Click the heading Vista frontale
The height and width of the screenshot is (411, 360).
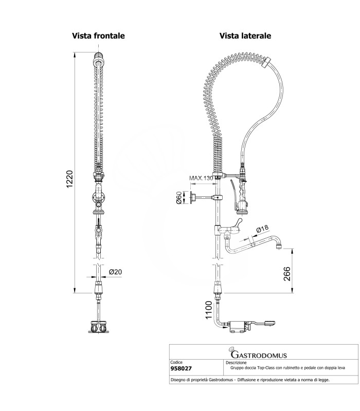pos(98,35)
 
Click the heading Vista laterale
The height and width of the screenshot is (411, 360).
pos(245,35)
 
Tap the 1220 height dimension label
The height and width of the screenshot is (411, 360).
pos(69,179)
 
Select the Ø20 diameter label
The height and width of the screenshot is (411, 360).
pos(115,272)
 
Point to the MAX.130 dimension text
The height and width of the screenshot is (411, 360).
pos(201,178)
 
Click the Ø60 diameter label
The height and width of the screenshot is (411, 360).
pos(178,198)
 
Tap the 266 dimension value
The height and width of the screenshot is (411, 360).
pos(287,274)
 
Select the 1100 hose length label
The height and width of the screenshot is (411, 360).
pos(208,310)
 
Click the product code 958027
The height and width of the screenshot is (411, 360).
pos(182,368)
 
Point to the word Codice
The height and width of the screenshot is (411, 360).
pos(176,362)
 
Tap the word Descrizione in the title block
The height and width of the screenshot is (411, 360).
pos(236,363)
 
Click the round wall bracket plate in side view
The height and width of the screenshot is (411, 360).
pos(193,198)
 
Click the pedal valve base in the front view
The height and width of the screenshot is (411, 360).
pos(98,327)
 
